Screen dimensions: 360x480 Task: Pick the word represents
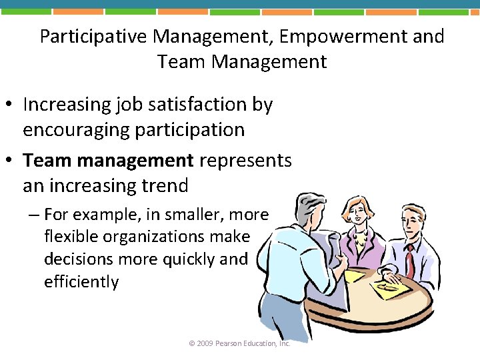tap(245, 161)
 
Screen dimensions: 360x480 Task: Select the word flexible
tap(71, 237)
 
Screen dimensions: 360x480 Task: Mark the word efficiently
tap(81, 282)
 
